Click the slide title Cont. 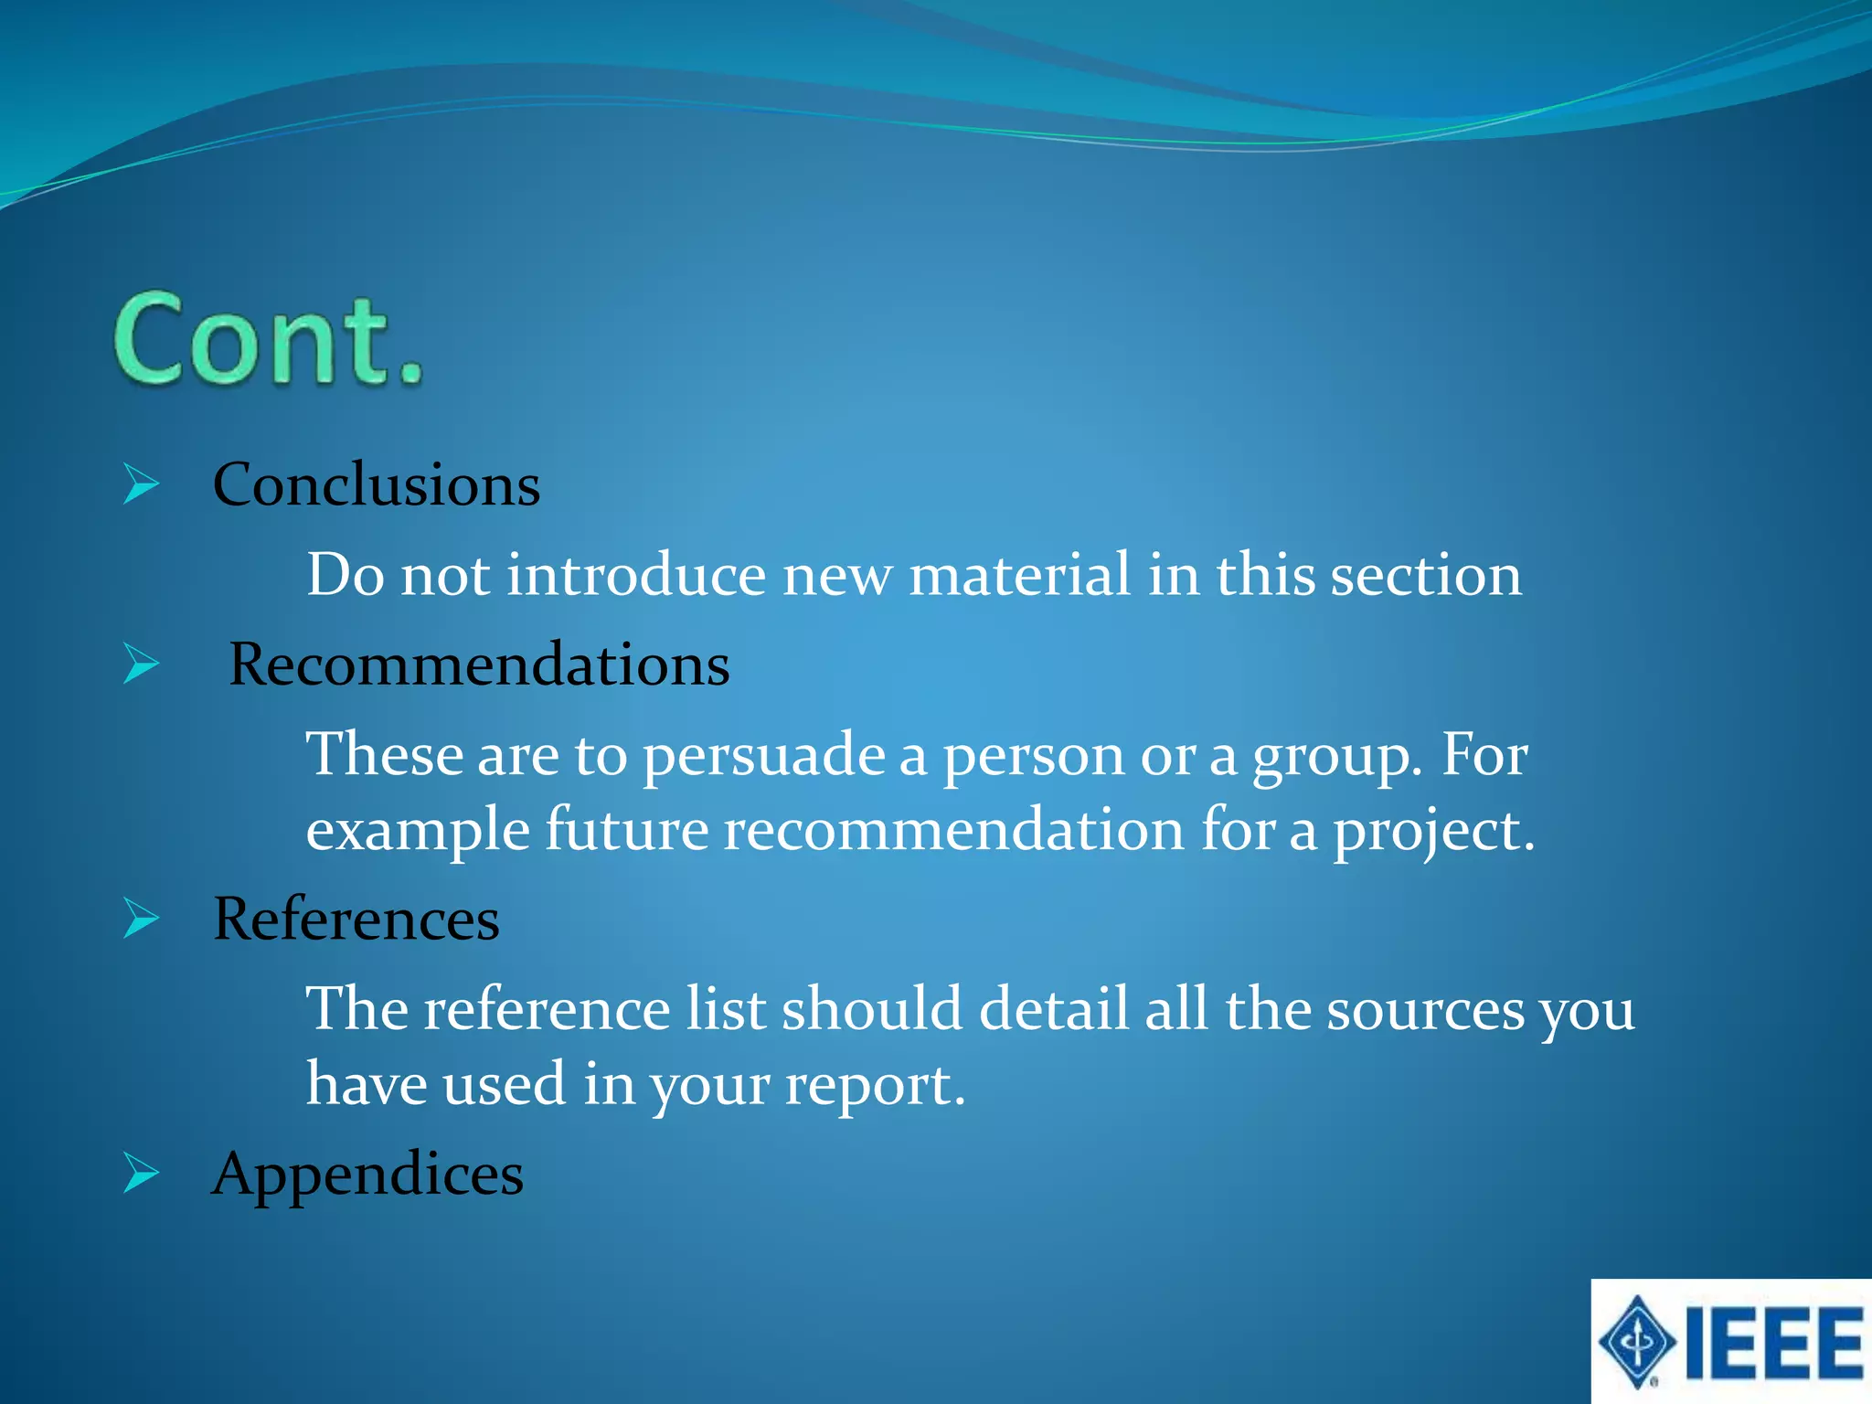pyautogui.click(x=269, y=341)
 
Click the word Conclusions pyautogui.click(x=376, y=484)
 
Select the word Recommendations pyautogui.click(x=479, y=665)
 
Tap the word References pyautogui.click(x=356, y=919)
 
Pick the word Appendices pyautogui.click(x=367, y=1174)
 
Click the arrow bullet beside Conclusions pyautogui.click(x=141, y=484)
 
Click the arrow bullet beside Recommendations pyautogui.click(x=141, y=665)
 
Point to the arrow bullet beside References pyautogui.click(x=141, y=919)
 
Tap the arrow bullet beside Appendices pyautogui.click(x=141, y=1174)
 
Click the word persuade pyautogui.click(x=763, y=757)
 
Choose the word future pyautogui.click(x=627, y=830)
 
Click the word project pyautogui.click(x=1431, y=830)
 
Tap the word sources pyautogui.click(x=1425, y=1010)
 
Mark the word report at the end pyautogui.click(x=873, y=1085)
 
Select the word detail pyautogui.click(x=1053, y=1010)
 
